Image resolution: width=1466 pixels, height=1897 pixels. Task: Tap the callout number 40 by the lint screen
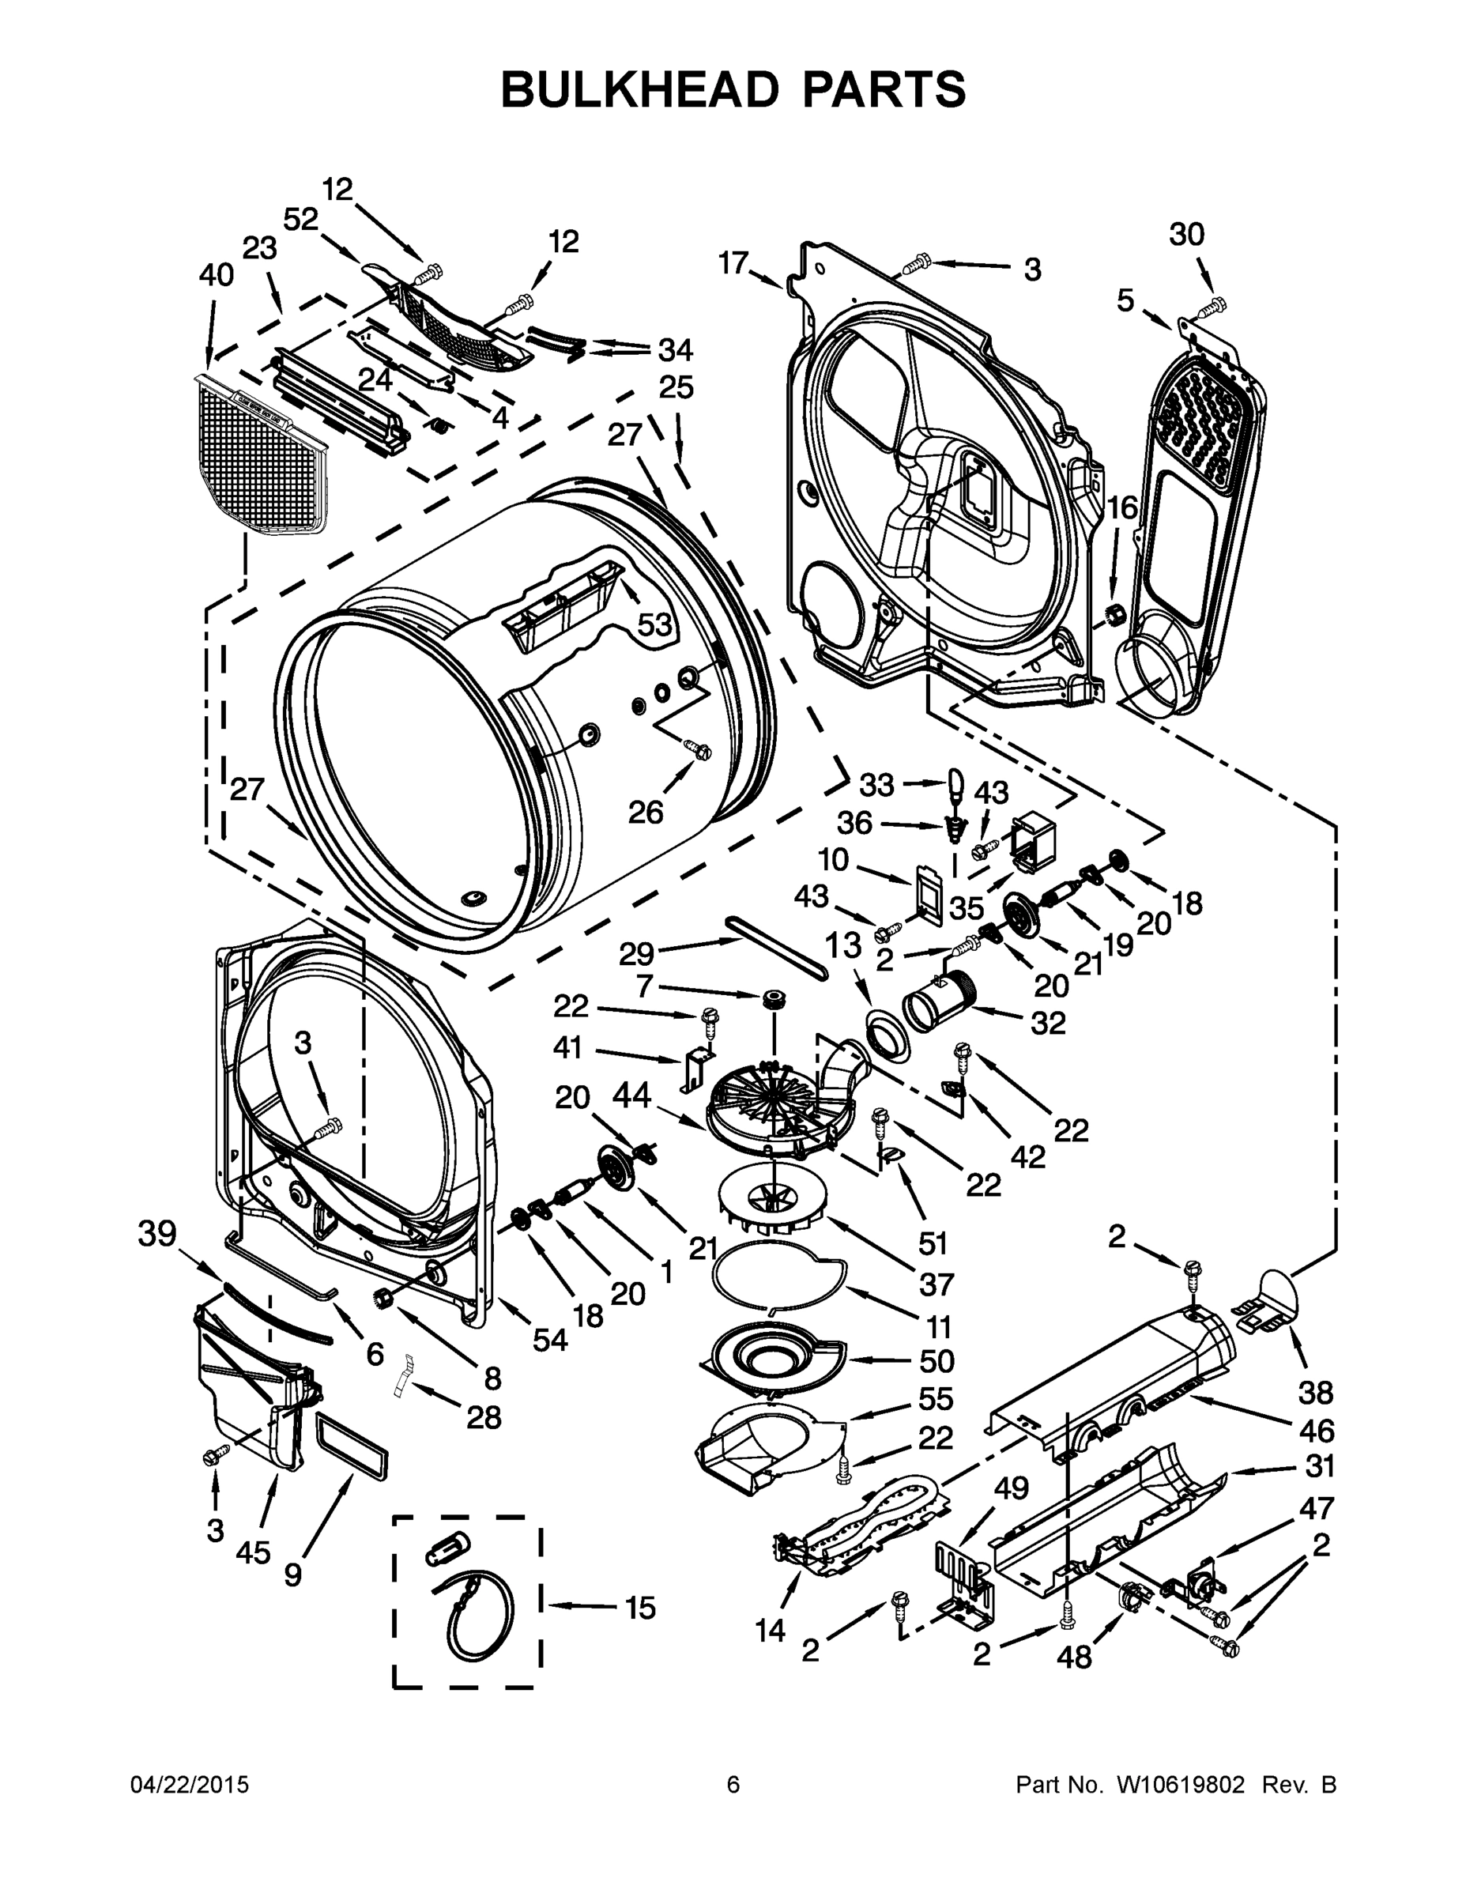coord(216,275)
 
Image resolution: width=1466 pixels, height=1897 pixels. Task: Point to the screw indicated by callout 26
coord(697,748)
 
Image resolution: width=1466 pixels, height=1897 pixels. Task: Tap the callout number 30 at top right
coord(1186,235)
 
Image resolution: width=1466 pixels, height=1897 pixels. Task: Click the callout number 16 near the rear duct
coord(1121,507)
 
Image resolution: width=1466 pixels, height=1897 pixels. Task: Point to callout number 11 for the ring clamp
coord(939,1326)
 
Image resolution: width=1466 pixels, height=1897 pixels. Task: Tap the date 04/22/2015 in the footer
coord(190,1786)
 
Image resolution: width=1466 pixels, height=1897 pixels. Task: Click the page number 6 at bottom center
coord(733,1786)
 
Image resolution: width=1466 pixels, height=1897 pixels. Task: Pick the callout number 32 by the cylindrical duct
coord(1047,1024)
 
